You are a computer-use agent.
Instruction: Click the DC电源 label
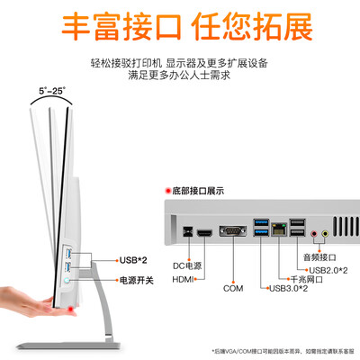[x=184, y=266]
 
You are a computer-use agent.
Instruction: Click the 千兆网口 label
[x=304, y=279]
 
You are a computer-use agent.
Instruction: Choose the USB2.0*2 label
[x=328, y=269]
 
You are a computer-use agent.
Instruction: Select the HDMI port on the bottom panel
[x=204, y=233]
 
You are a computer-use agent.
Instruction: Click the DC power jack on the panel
[x=186, y=233]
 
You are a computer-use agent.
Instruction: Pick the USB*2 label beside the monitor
[x=133, y=261]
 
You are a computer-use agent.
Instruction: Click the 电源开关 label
[x=136, y=281]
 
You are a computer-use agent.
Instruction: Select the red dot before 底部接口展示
[x=167, y=191]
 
